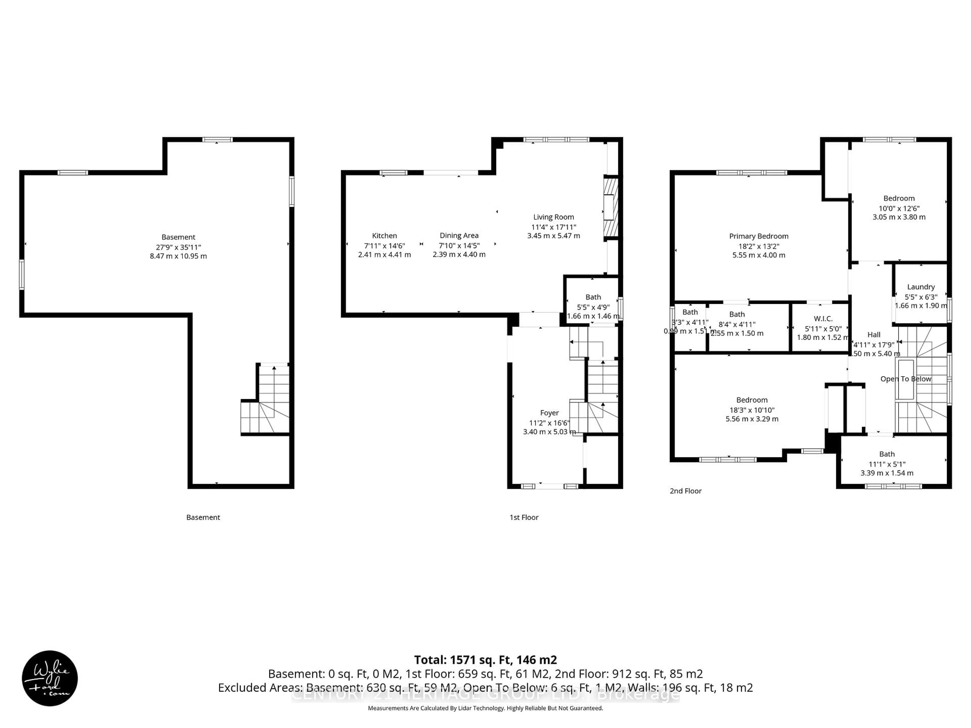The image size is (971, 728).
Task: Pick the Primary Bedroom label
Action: coord(759,236)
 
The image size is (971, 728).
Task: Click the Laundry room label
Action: coord(920,287)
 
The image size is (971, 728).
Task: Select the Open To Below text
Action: coord(906,379)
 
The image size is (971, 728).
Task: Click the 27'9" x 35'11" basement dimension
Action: coord(178,247)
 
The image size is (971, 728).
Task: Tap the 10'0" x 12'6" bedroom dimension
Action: coord(899,209)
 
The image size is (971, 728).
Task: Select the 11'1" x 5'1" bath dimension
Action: coord(887,464)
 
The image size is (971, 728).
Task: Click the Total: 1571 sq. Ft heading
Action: coord(485,660)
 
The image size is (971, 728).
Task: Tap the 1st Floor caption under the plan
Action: coord(524,517)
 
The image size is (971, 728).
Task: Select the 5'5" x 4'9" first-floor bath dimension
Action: coord(593,307)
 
